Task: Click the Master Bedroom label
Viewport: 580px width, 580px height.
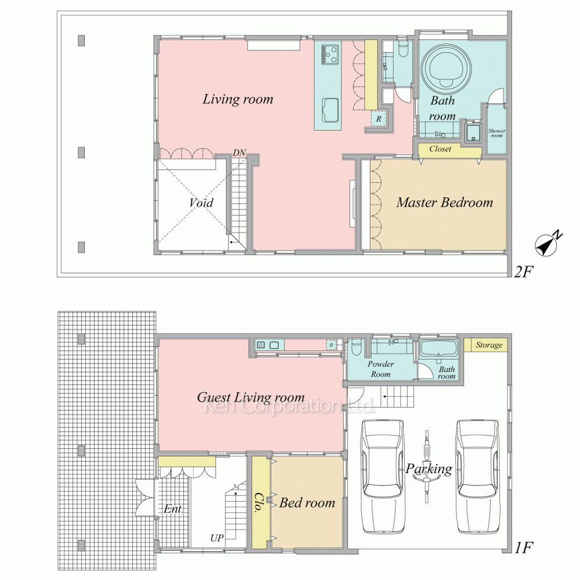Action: pos(445,202)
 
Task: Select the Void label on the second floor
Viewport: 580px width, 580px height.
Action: pos(201,202)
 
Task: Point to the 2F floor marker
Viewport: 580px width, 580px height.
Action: pos(523,272)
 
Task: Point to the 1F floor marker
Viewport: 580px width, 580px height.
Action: pos(523,548)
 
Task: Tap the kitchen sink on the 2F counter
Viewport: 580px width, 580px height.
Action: pos(330,110)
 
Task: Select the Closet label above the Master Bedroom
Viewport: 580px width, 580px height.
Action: pos(440,149)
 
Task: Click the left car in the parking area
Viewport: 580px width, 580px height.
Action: pos(382,477)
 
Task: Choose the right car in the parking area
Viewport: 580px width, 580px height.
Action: pos(477,477)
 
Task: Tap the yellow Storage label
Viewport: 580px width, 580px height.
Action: pos(489,345)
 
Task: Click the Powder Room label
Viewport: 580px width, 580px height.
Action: pos(380,369)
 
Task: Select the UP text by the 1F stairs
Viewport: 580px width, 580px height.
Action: pos(217,538)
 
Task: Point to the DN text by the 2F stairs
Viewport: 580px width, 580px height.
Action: pos(240,153)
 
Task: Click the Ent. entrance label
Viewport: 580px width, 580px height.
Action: pos(173,509)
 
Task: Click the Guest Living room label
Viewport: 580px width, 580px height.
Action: pos(251,398)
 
